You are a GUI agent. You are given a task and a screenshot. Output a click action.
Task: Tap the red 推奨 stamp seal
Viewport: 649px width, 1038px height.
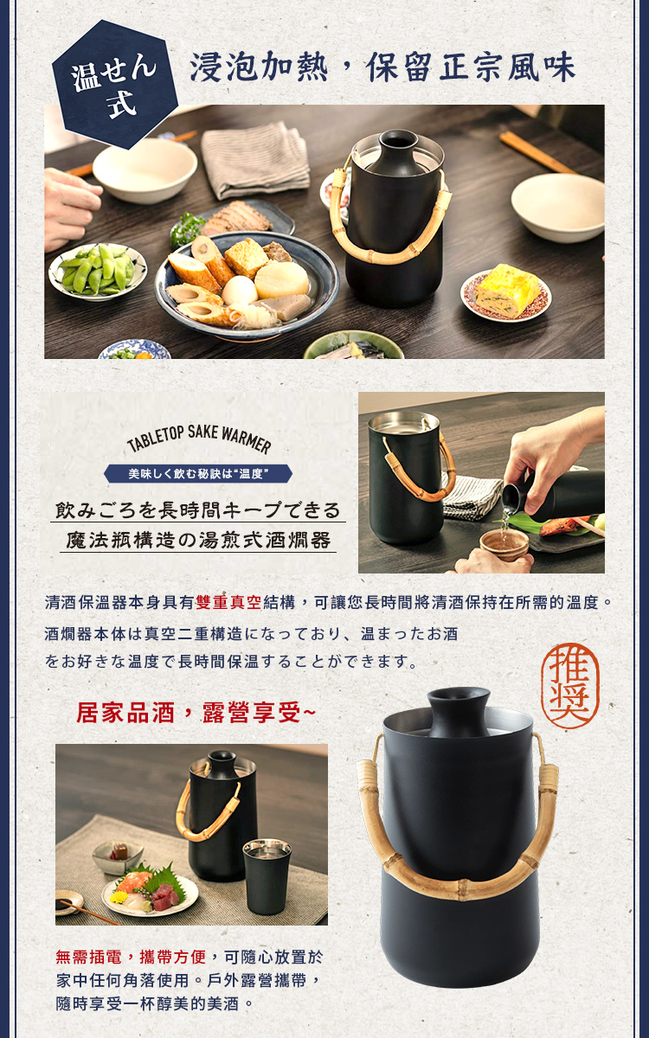point(569,686)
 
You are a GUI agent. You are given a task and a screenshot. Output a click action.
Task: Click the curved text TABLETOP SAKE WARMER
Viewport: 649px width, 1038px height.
point(199,439)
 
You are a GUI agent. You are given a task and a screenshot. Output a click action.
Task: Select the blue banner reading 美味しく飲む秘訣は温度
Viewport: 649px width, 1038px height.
point(198,474)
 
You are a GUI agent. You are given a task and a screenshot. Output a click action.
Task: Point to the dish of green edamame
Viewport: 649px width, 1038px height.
point(98,271)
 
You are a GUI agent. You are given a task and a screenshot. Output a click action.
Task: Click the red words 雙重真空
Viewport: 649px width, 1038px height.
point(228,602)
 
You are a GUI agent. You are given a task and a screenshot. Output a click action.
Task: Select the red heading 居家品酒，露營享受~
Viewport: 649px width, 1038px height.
point(196,712)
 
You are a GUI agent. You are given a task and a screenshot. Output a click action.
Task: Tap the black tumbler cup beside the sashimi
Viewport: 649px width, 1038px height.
point(267,874)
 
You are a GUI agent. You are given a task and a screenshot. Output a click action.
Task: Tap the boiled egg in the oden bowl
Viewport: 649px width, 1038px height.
point(239,291)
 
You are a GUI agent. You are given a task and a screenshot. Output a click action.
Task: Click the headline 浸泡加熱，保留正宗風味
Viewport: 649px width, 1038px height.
point(382,67)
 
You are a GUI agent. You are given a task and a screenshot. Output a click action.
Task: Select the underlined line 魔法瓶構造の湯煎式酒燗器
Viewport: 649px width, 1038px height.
point(198,540)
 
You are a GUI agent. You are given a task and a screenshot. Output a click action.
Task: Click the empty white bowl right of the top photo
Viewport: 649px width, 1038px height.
point(560,207)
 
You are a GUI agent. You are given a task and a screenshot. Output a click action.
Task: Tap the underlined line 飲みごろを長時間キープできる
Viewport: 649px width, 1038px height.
point(198,510)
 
